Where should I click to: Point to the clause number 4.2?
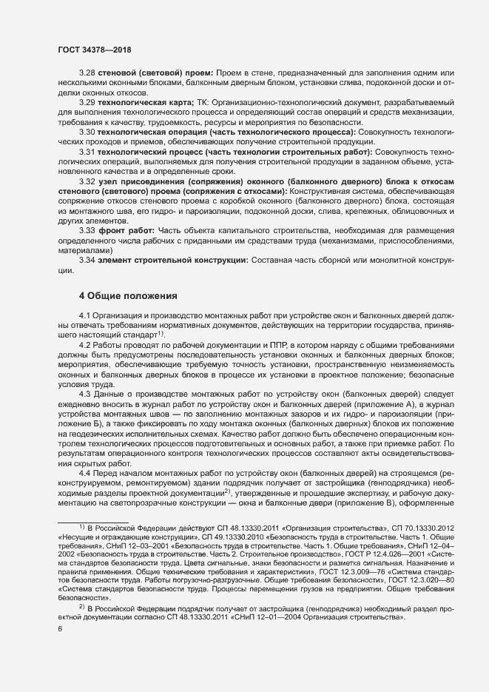pos(86,345)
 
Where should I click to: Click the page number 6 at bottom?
pos(60,630)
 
